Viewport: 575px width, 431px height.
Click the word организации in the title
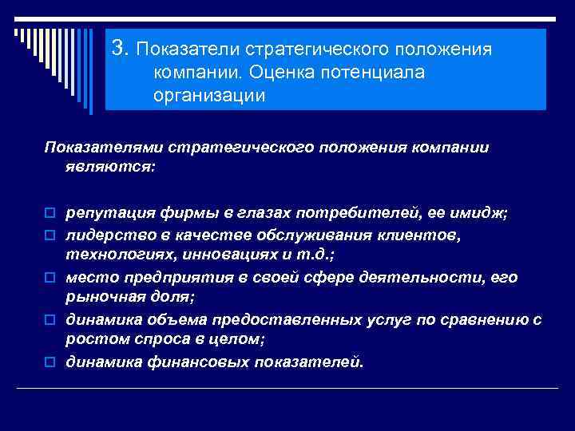tap(208, 96)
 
